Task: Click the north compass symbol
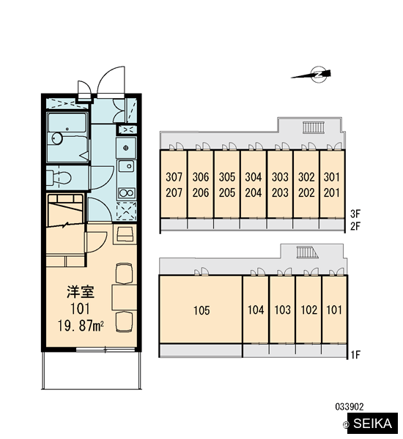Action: click(318, 75)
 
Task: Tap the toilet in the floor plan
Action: click(59, 178)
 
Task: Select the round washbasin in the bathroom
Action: click(57, 138)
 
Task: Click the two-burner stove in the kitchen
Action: click(127, 193)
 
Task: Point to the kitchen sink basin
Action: click(126, 166)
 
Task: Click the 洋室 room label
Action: click(81, 292)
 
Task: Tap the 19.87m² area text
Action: click(81, 326)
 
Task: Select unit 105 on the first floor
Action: click(201, 309)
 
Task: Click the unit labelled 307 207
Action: click(174, 184)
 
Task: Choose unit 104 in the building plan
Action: click(256, 309)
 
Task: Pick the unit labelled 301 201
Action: click(332, 184)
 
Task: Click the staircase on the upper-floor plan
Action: click(314, 127)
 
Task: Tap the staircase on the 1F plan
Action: click(307, 252)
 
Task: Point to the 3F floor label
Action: click(355, 214)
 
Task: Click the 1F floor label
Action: click(355, 355)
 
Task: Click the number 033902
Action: click(350, 407)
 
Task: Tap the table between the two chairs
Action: click(125, 297)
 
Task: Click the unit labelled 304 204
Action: click(254, 184)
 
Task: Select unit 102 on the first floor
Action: click(308, 309)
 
